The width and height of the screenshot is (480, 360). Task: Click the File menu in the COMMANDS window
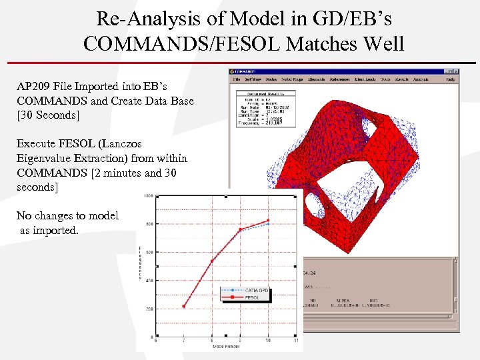(x=236, y=79)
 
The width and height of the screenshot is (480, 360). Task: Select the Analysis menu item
(x=420, y=79)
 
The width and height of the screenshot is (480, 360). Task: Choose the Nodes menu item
(x=271, y=79)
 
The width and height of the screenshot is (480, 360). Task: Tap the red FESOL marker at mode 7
(x=183, y=306)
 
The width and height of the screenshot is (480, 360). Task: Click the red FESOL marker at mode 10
(x=268, y=221)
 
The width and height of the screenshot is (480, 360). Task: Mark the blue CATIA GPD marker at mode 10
(x=268, y=224)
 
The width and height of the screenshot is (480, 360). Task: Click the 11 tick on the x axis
(x=296, y=341)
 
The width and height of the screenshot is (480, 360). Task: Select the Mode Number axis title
(x=226, y=347)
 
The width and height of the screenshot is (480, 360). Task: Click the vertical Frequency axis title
(x=141, y=266)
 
